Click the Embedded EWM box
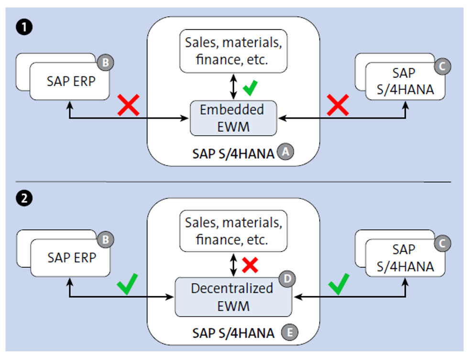[x=233, y=118]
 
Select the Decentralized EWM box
[x=233, y=296]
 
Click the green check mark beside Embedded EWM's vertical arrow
[x=250, y=87]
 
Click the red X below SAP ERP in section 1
[x=128, y=105]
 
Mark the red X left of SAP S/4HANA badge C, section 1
[x=338, y=105]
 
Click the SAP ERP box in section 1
[x=71, y=81]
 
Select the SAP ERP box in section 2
[x=71, y=258]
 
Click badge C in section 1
[x=442, y=67]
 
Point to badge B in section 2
[x=106, y=239]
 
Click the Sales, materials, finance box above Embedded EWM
[x=233, y=51]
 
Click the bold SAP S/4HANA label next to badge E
[x=233, y=333]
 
